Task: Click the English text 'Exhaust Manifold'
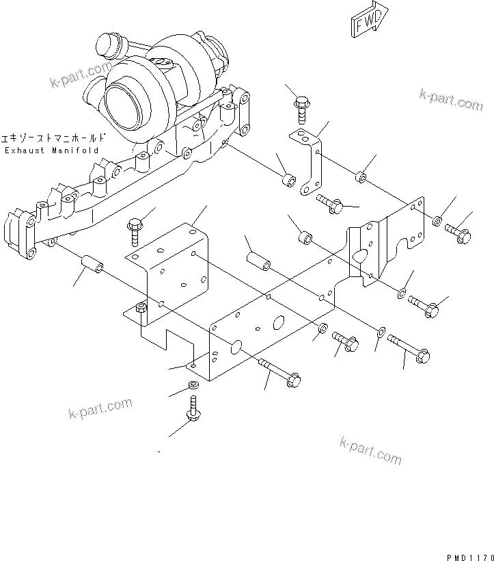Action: (51, 150)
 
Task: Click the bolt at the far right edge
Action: (458, 233)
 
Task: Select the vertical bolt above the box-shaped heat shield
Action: (135, 229)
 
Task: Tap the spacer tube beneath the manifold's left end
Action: (92, 264)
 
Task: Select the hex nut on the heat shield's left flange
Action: (141, 308)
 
